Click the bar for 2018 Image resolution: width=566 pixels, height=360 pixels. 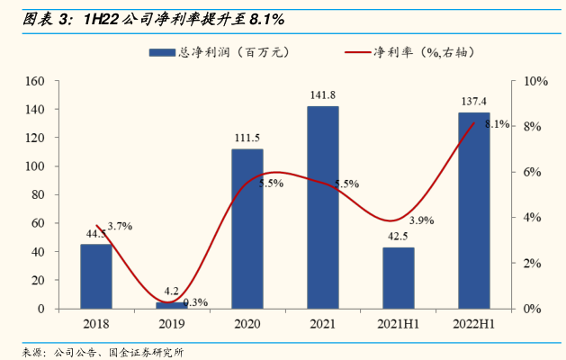point(96,276)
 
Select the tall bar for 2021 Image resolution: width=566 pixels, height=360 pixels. point(323,207)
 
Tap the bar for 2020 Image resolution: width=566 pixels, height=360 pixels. point(247,229)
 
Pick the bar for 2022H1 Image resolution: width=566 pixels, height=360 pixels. point(474,211)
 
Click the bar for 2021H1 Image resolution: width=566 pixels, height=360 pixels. point(399,278)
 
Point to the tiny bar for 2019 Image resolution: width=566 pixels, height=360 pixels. point(172,305)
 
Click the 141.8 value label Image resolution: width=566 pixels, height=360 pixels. point(323,95)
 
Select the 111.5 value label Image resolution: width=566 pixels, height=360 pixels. point(247,139)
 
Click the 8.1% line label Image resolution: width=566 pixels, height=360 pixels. point(498,124)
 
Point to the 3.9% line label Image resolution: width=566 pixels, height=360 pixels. point(421,220)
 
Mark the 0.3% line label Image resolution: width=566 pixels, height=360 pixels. point(195,302)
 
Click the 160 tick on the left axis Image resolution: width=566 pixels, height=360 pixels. point(36,81)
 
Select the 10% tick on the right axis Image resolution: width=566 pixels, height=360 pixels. point(535,81)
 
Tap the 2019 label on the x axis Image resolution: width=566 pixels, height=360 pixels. point(172,324)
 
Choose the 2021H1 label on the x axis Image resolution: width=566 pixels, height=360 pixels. point(399,324)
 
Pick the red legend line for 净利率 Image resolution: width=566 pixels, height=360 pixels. point(357,53)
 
